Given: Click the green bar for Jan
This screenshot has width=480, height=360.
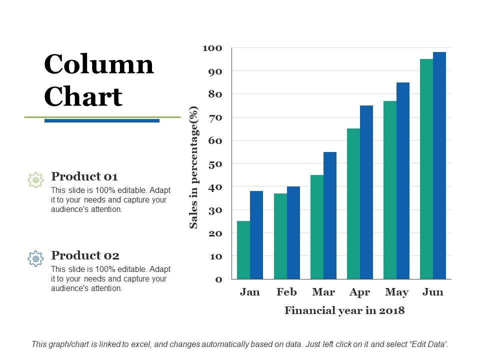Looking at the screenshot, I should (243, 250).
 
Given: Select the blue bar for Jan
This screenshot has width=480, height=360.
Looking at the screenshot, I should (256, 235).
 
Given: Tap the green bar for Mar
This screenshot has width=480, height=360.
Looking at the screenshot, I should (317, 227).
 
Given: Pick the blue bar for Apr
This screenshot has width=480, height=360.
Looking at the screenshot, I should (366, 192).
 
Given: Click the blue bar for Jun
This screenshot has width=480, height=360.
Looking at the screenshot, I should (439, 165).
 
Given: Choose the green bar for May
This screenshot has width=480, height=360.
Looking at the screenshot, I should (390, 190).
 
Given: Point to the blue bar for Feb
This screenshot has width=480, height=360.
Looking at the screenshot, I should (293, 232).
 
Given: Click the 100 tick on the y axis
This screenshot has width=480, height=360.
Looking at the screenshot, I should (212, 48).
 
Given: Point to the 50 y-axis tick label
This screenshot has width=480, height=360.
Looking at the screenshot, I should (215, 164).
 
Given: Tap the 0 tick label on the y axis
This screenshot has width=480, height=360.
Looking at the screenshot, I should (218, 279).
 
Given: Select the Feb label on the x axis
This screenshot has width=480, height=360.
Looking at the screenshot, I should (286, 292).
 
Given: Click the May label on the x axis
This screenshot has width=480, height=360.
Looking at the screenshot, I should (396, 292).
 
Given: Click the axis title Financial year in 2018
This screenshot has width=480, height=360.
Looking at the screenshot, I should (344, 310).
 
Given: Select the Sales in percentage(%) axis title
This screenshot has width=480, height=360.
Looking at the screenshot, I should (194, 167).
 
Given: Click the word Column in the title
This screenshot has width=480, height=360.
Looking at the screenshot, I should (99, 64).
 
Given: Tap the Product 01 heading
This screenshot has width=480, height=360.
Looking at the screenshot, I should (84, 176).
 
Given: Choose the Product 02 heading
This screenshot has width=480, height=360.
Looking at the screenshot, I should (85, 255).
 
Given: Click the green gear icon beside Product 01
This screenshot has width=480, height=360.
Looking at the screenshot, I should (35, 180).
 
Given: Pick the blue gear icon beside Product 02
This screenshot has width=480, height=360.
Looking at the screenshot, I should (35, 258).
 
